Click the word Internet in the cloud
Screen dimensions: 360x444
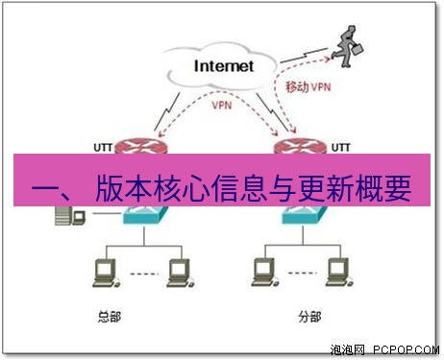point(223,66)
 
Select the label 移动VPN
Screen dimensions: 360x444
point(308,86)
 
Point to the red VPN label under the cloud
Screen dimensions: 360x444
point(220,103)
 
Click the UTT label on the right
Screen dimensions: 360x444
point(340,147)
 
